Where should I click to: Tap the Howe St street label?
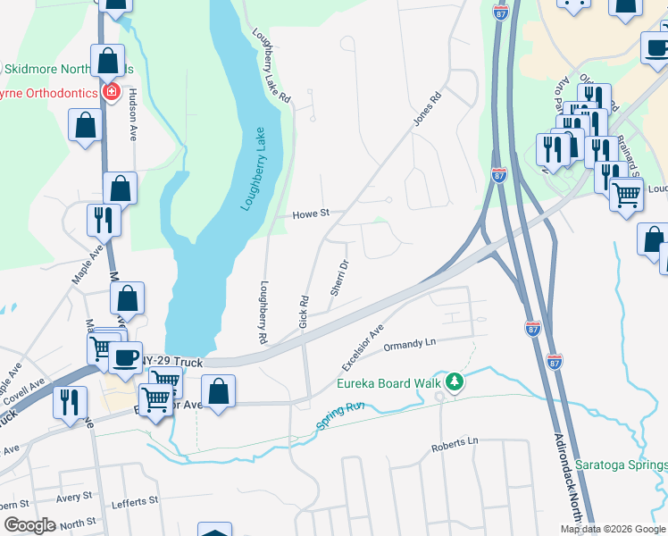pyautogui.click(x=312, y=214)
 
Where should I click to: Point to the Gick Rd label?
pyautogui.click(x=305, y=309)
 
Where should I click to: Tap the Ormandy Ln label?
pyautogui.click(x=408, y=344)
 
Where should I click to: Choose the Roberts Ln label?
pyautogui.click(x=455, y=442)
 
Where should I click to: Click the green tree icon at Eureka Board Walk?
pyautogui.click(x=455, y=382)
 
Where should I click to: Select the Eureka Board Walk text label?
pyautogui.click(x=389, y=384)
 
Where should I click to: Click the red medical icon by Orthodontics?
pyautogui.click(x=112, y=92)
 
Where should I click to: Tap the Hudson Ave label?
pyautogui.click(x=132, y=113)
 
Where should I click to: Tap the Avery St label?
pyautogui.click(x=74, y=497)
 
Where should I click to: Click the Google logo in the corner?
pyautogui.click(x=29, y=525)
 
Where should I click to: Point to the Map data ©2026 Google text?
pyautogui.click(x=613, y=529)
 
